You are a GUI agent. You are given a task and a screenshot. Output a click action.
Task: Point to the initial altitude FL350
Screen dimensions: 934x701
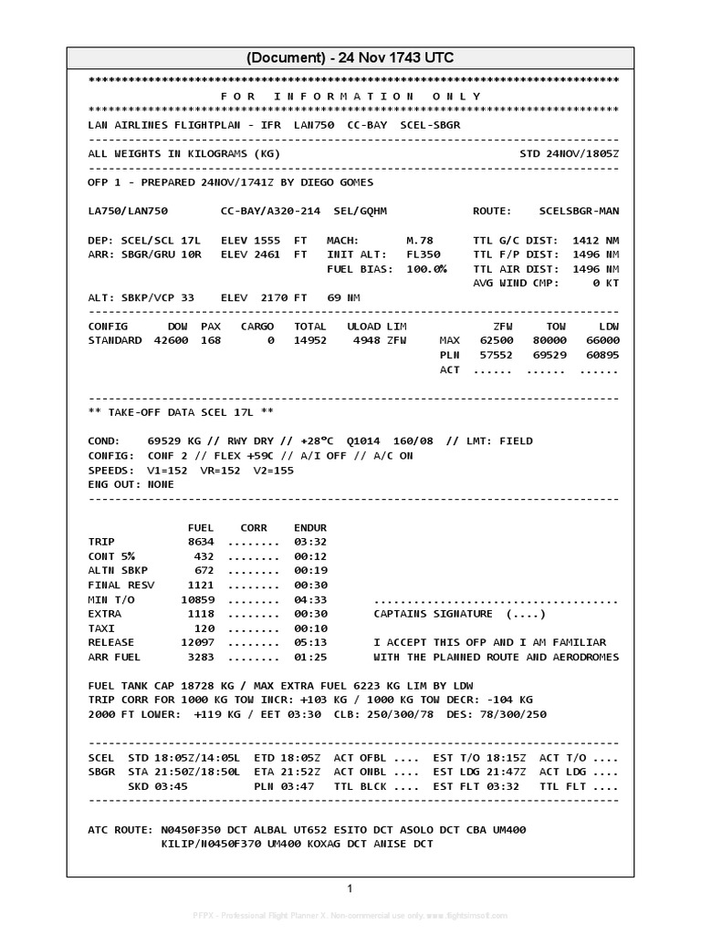(x=423, y=254)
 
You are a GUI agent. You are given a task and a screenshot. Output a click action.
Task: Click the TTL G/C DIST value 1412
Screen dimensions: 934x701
(x=586, y=240)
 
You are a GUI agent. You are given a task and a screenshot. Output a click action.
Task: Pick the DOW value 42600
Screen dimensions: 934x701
(x=187, y=340)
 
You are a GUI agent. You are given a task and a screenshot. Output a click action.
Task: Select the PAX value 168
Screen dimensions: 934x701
(x=211, y=340)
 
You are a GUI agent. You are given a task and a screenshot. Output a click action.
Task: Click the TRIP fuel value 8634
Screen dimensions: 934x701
(x=200, y=542)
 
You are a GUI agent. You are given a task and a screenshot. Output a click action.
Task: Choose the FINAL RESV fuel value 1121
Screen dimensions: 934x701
(x=200, y=585)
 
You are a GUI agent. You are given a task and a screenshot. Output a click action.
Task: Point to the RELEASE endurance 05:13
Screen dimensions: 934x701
(x=309, y=642)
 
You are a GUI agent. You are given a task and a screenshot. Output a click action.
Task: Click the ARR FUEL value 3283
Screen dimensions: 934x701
(x=200, y=657)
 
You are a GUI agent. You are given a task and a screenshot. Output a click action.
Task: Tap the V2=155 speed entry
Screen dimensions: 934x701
(x=274, y=470)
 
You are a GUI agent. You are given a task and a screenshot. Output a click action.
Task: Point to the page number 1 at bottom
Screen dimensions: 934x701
(x=350, y=888)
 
